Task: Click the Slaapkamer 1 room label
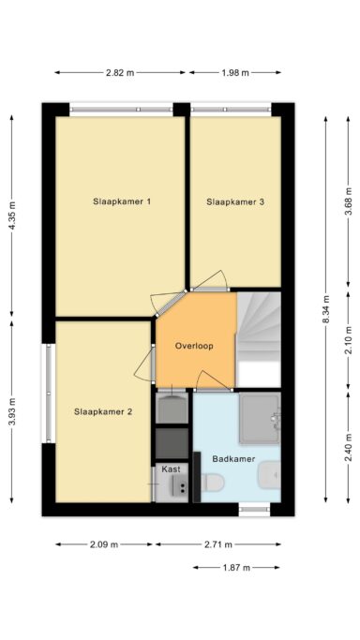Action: click(122, 201)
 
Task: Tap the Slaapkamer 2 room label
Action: click(103, 412)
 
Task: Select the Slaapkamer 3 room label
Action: click(235, 201)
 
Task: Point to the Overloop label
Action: click(194, 346)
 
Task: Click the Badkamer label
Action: click(233, 459)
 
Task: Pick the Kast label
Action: click(171, 469)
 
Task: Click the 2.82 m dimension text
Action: click(120, 73)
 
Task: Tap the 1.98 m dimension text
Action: click(234, 73)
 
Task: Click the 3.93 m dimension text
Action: click(12, 411)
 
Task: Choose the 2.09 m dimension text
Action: click(104, 544)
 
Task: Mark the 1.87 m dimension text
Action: click(235, 567)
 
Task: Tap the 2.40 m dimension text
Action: click(349, 448)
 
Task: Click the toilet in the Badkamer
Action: click(212, 483)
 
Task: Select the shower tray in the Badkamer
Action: click(260, 418)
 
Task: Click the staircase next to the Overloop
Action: click(259, 339)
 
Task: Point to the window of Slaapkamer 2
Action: click(49, 393)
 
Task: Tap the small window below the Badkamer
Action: click(254, 510)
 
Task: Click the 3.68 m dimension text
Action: click(349, 201)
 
